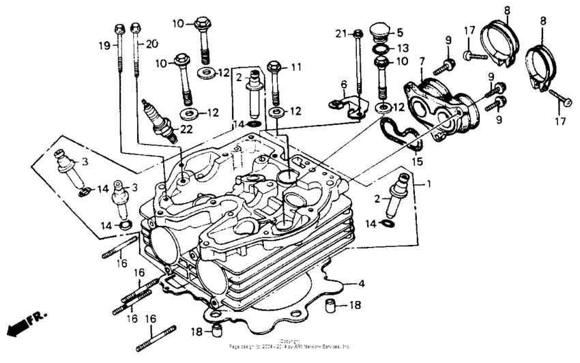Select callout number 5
tap(401, 32)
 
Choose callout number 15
tap(417, 162)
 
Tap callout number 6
tap(344, 84)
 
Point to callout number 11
tap(295, 67)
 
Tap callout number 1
tap(429, 184)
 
